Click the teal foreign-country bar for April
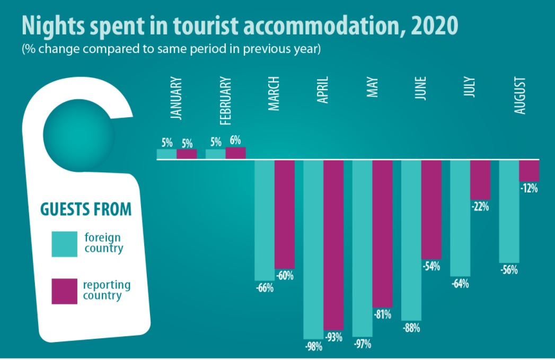(313, 249)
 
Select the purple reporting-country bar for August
(528, 170)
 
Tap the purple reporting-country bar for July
(480, 180)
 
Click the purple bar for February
(235, 153)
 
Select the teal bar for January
(166, 154)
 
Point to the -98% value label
(313, 347)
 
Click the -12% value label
(528, 188)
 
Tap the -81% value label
(382, 314)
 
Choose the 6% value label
(235, 141)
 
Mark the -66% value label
(264, 288)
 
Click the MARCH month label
(274, 94)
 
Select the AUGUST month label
(519, 95)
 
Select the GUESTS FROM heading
(86, 209)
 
